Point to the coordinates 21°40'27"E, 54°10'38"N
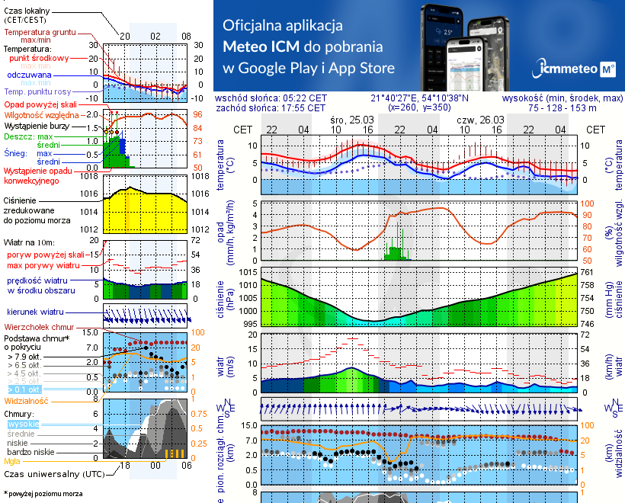point(420,98)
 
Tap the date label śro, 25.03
point(352,120)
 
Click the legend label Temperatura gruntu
point(38,33)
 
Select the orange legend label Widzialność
point(27,400)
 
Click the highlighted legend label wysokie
point(22,423)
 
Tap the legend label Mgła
point(12,460)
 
